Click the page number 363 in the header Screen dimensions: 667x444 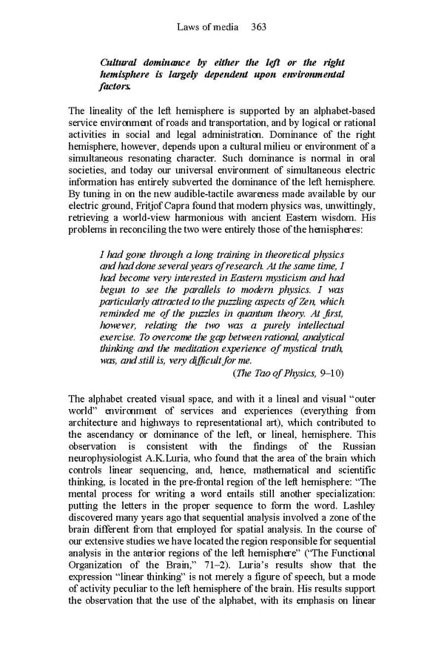258,27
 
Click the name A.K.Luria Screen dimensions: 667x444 177,458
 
